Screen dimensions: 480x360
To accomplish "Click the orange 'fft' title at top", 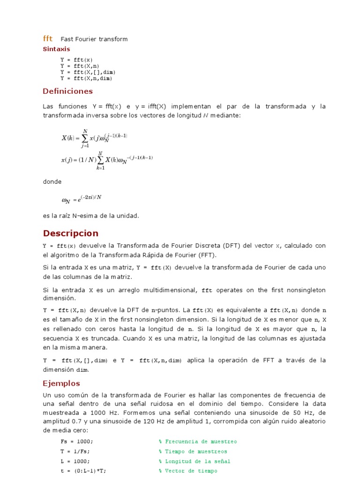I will click(48, 39).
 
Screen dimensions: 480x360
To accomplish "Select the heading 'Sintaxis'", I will click(56, 49).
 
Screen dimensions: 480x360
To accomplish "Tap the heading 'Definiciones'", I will click(67, 91).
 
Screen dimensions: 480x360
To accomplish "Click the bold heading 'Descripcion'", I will click(71, 233).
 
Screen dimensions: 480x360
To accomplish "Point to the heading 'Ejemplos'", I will click(61, 383).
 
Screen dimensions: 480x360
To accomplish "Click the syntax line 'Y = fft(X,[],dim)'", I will click(87, 72).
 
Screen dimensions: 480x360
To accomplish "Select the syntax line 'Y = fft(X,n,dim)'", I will click(86, 79).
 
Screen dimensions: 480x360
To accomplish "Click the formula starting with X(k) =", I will click(94, 138).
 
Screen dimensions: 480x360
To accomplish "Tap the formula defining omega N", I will click(81, 199).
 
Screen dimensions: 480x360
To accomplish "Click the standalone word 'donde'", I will click(52, 181).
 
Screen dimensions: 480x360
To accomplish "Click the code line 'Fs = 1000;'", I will click(77, 442).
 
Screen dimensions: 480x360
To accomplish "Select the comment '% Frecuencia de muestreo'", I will click(197, 442).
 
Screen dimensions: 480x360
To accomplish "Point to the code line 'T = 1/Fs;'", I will click(75, 451).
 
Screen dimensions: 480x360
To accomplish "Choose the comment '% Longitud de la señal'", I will click(194, 461).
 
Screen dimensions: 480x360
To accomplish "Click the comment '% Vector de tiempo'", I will click(187, 471).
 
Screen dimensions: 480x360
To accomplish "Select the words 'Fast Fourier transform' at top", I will click(94, 39).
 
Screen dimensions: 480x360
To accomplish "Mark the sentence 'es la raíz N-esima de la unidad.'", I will click(91, 216).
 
